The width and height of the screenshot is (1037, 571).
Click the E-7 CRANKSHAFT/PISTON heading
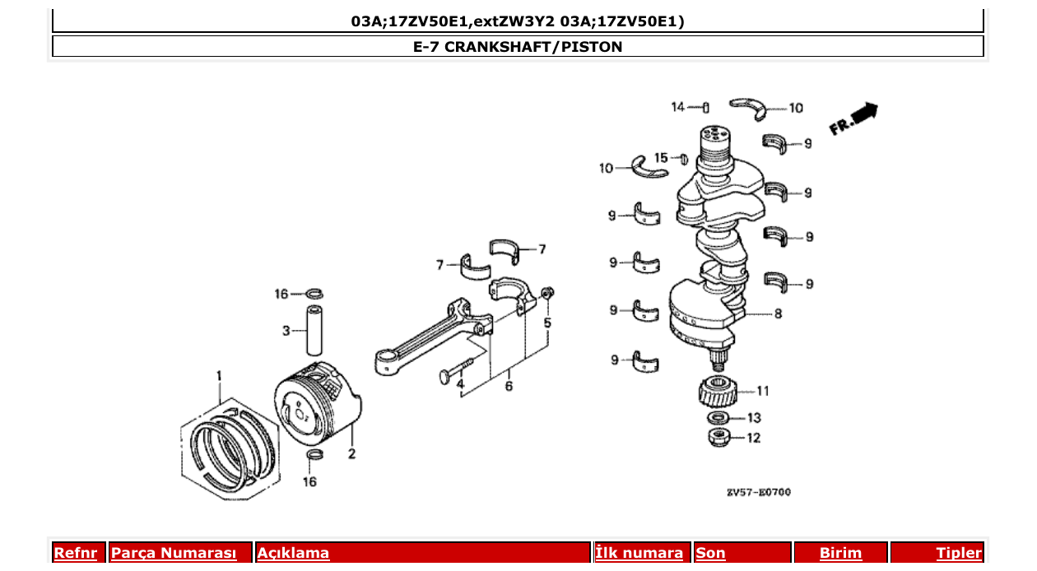(x=518, y=47)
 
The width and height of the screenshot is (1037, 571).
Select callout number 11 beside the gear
(x=762, y=391)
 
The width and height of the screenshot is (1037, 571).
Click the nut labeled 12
(x=718, y=437)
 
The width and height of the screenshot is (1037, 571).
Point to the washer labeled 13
(x=717, y=418)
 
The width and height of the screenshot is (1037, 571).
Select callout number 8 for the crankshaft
(x=778, y=313)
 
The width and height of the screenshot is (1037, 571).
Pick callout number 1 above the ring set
(x=219, y=376)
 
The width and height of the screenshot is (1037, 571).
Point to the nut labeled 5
(x=549, y=292)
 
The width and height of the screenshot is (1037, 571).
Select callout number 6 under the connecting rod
(x=509, y=385)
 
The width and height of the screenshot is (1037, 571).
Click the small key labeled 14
(x=706, y=108)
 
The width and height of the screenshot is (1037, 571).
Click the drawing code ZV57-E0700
(x=758, y=492)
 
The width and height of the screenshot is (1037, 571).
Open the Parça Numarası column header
(x=174, y=553)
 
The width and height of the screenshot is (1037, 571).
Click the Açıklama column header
(x=293, y=553)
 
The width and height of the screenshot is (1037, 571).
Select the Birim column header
(x=840, y=553)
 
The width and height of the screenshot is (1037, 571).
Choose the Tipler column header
(x=958, y=553)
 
